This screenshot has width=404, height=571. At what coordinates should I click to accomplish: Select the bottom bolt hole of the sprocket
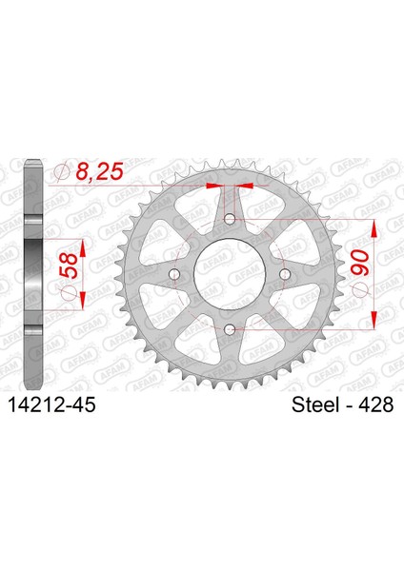click(230, 329)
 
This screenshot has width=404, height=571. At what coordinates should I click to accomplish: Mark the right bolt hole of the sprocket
click(284, 276)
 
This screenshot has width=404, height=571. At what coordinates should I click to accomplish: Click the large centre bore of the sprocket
click(230, 276)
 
